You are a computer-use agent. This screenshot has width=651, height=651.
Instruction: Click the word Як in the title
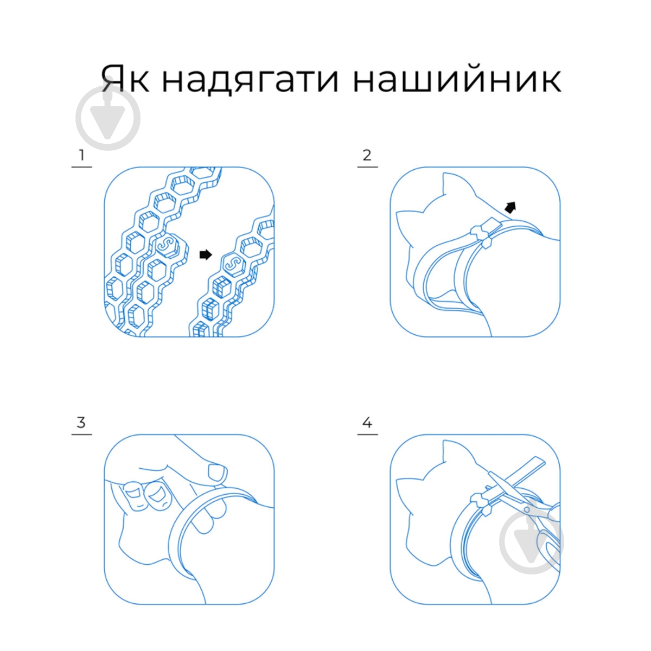point(125,78)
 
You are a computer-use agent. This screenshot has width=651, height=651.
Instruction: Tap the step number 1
point(81,155)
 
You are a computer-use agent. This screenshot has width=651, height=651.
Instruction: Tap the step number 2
point(367,155)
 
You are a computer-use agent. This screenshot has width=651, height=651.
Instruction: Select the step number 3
point(81,423)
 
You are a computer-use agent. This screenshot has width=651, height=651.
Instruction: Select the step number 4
point(367,423)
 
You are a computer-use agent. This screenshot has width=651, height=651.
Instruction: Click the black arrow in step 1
point(206,255)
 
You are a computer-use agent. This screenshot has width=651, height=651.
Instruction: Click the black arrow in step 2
point(511,207)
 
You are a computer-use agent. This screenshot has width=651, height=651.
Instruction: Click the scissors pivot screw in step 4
point(526,509)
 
